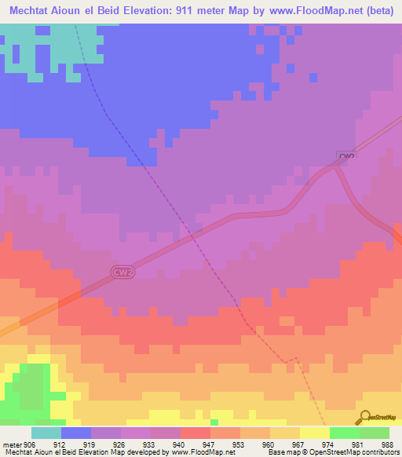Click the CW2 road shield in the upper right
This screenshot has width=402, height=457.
(x=347, y=156)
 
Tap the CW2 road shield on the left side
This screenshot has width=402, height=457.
(x=119, y=272)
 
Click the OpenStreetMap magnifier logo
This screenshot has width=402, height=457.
(x=364, y=418)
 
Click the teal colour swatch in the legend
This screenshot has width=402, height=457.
(x=46, y=433)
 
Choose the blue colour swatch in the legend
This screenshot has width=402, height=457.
(x=76, y=433)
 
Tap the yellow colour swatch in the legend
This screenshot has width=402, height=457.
(x=314, y=433)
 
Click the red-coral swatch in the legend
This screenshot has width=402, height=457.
(x=195, y=433)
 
